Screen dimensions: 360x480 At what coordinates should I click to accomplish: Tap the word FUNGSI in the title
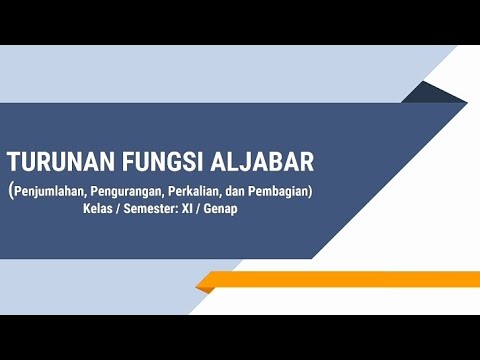(146, 162)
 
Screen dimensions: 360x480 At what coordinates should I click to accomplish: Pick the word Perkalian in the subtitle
(207, 190)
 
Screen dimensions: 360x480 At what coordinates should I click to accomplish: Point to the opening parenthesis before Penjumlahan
(11, 190)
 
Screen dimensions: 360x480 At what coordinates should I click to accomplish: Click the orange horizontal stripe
(340, 280)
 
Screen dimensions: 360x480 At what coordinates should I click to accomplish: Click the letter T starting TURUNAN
(13, 162)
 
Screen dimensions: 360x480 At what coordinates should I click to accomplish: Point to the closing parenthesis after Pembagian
(314, 190)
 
